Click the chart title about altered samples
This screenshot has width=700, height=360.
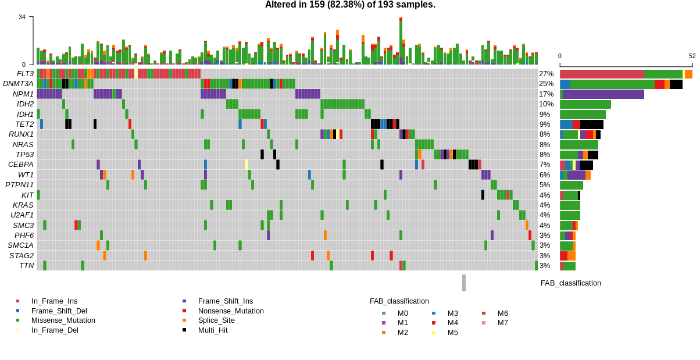350,5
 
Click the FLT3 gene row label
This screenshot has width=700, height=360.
25,74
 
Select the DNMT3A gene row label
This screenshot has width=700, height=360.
18,84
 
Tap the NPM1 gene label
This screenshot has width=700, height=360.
23,94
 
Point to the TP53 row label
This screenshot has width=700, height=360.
24,154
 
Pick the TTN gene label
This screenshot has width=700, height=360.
26,265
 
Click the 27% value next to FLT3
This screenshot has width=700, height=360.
546,74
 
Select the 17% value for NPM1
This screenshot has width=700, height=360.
546,94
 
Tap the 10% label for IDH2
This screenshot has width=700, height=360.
546,104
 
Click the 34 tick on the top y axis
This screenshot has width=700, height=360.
22,17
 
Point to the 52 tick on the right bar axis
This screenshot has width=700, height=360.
692,56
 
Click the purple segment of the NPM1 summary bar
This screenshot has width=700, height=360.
603,94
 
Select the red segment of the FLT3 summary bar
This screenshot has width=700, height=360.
601,74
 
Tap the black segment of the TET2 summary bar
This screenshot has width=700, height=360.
591,124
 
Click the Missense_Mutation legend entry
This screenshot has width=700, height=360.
63,320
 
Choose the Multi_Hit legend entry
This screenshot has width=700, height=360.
213,330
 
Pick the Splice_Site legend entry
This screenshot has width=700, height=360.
216,320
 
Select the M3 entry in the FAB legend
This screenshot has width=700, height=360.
452,313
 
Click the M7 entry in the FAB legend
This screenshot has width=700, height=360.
502,323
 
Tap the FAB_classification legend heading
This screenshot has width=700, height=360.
399,301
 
